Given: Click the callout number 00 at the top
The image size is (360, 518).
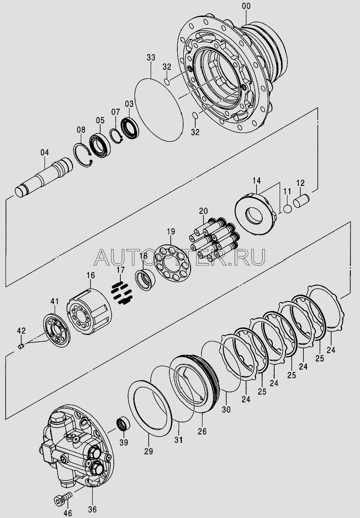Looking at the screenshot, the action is (246, 6).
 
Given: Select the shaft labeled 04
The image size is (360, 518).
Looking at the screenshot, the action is (44, 178).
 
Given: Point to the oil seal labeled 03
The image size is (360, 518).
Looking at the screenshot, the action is (129, 128).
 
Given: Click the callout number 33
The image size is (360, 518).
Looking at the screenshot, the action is (151, 57).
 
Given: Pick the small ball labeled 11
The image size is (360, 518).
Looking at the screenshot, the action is (287, 209).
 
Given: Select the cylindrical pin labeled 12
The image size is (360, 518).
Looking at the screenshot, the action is (301, 201).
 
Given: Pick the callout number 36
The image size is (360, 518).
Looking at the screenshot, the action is (92, 500).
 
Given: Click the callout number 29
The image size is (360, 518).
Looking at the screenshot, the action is (148, 451).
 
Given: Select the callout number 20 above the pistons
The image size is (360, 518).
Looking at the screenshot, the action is (203, 211).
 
